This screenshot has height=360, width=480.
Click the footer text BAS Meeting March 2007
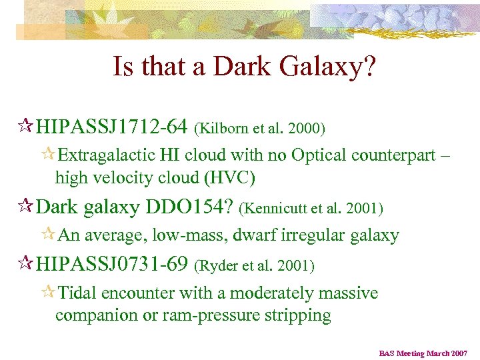[423, 353]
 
